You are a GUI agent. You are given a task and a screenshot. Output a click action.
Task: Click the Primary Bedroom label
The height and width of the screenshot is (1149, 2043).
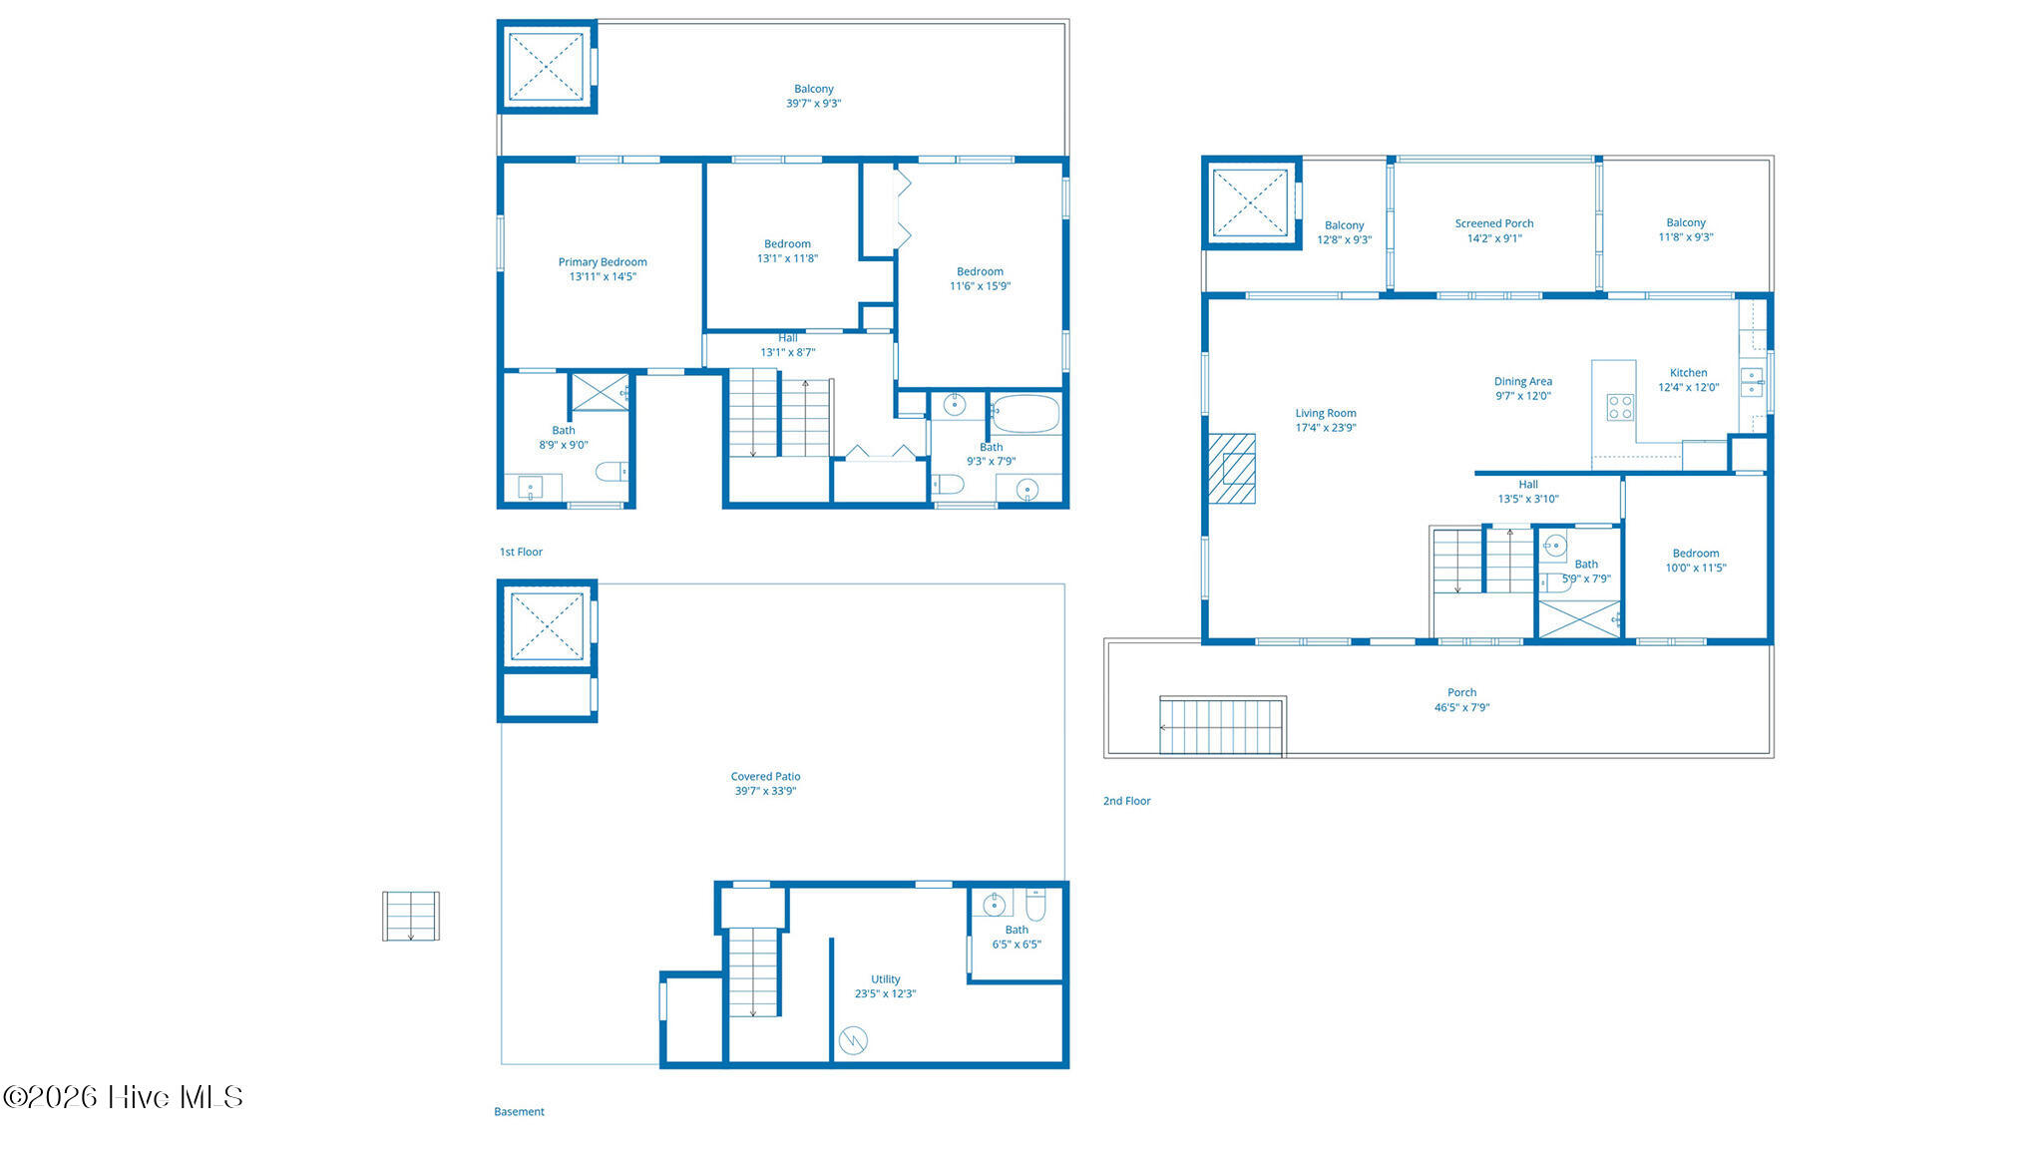click(x=603, y=262)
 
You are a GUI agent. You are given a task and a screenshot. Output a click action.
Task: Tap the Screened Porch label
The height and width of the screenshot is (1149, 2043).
click(x=1494, y=223)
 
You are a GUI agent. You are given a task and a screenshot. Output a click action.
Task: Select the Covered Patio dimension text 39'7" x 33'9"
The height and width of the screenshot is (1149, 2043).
click(x=765, y=791)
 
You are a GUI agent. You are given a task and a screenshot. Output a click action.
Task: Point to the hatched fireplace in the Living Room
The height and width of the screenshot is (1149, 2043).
click(x=1232, y=468)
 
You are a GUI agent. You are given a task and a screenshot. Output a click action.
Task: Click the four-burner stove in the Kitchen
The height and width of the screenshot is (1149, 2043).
click(x=1620, y=407)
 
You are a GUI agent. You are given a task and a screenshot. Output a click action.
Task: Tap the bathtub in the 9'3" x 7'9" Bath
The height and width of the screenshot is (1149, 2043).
click(x=1025, y=413)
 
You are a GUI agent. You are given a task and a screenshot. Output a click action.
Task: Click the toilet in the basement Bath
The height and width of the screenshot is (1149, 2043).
click(x=1034, y=905)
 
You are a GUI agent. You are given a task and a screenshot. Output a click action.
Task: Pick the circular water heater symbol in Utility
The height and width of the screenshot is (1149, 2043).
click(x=853, y=1040)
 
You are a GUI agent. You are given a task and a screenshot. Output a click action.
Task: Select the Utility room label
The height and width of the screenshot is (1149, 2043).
click(x=885, y=979)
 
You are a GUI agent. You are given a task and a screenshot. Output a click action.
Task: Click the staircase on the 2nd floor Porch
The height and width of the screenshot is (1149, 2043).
click(x=1221, y=727)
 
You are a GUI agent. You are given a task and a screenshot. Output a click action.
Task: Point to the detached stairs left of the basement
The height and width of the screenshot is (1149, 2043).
click(x=411, y=916)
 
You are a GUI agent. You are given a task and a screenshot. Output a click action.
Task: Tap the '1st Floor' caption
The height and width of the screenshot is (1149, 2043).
click(x=521, y=552)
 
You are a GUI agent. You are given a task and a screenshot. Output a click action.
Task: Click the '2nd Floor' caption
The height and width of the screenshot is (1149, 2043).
click(x=1126, y=801)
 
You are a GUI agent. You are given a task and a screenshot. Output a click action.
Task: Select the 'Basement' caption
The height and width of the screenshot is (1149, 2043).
click(x=519, y=1111)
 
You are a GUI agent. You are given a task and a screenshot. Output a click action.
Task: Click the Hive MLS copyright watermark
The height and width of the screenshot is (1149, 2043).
click(x=123, y=1097)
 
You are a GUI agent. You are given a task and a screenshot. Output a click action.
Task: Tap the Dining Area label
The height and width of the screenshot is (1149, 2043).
click(x=1522, y=381)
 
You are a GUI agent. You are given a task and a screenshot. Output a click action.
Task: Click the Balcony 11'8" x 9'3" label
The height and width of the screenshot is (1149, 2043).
click(x=1686, y=230)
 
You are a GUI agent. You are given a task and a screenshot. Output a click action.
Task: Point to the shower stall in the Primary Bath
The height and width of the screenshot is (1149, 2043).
click(x=600, y=392)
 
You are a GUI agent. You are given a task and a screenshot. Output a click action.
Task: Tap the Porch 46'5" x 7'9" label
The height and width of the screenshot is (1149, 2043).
click(x=1461, y=700)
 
